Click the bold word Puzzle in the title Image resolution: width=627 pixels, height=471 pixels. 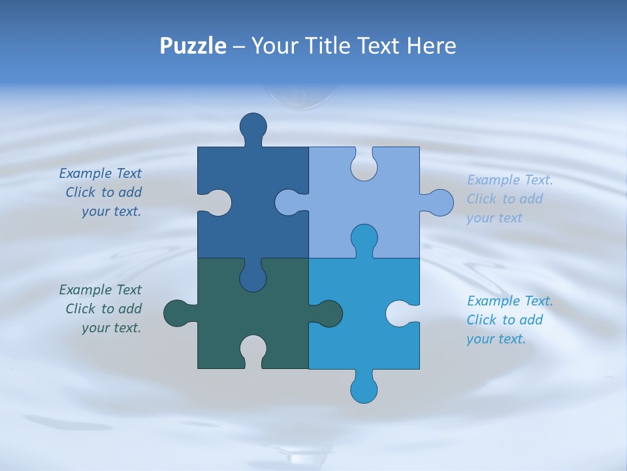tap(193, 46)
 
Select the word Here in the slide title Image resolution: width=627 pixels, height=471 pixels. tap(431, 46)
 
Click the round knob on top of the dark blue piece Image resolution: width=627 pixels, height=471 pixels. tap(253, 126)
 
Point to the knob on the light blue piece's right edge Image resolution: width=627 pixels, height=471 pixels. tap(440, 203)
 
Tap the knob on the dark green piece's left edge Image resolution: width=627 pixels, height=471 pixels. tap(177, 313)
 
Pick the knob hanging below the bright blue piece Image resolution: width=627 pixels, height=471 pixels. tap(364, 389)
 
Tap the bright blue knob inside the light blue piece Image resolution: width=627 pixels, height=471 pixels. tap(364, 238)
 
